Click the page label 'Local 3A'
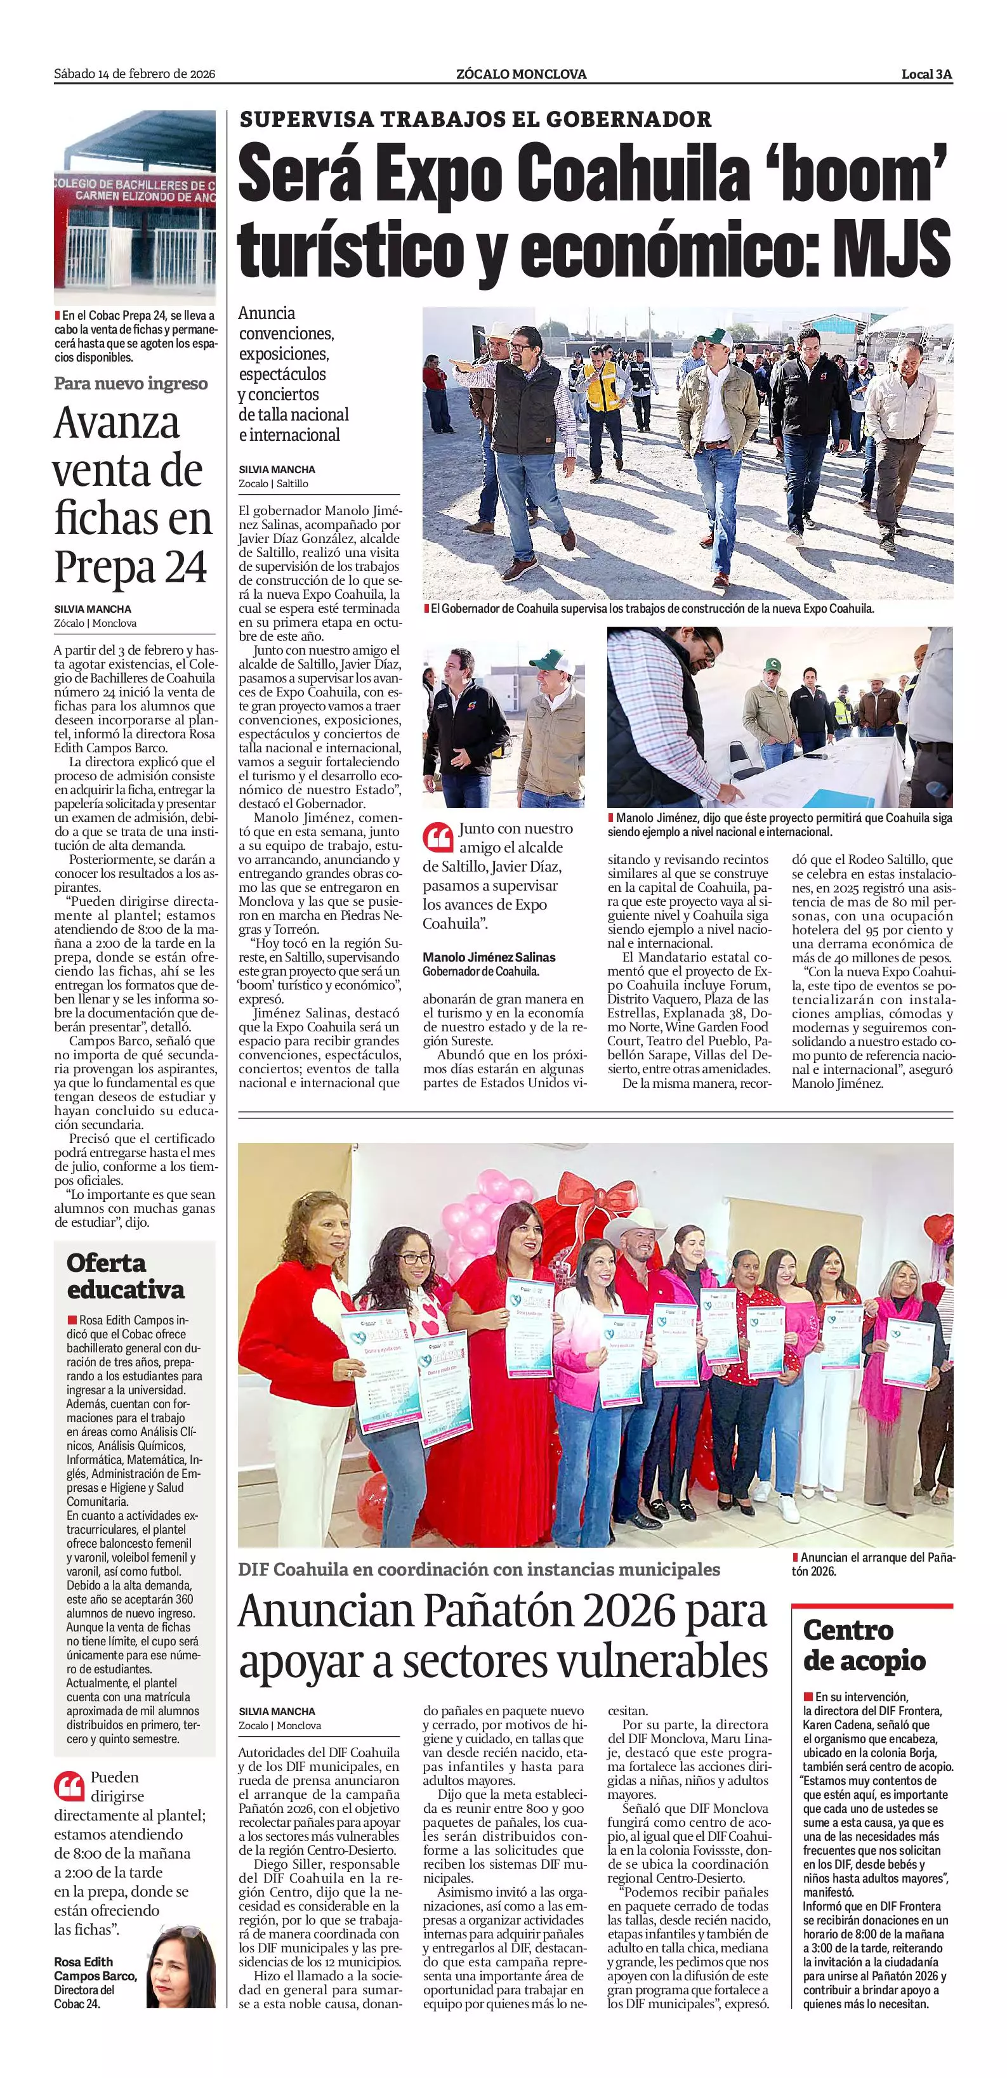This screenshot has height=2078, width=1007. point(926,74)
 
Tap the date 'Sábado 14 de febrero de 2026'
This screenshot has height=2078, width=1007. point(134,74)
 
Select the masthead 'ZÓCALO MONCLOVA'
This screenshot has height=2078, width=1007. point(520,74)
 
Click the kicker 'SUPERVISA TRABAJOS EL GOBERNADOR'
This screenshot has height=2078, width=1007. point(475,119)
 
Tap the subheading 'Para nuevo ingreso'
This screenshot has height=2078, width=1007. point(131,383)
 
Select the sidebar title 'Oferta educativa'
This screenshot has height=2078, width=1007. point(125,1276)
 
